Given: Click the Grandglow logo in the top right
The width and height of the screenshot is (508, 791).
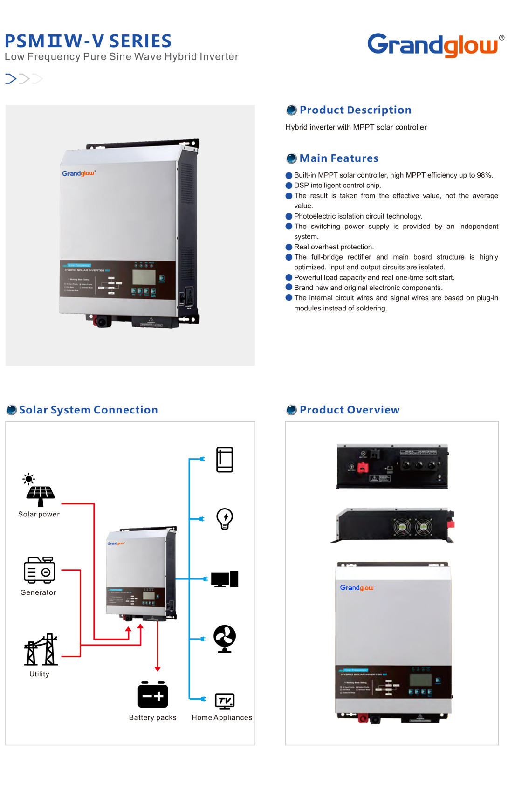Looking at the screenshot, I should [x=432, y=45].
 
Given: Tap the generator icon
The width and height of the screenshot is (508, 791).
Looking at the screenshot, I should [x=40, y=570].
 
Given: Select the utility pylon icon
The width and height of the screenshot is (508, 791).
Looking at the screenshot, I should [x=41, y=649].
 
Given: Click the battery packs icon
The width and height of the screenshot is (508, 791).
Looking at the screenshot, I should [x=153, y=695].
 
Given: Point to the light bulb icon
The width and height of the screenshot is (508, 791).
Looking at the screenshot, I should [x=225, y=518].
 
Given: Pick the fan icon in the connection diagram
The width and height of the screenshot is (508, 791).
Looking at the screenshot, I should [x=225, y=638].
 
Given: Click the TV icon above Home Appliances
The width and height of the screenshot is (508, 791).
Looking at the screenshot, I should [x=225, y=701].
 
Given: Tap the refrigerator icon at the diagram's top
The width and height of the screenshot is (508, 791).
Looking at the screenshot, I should [x=225, y=460].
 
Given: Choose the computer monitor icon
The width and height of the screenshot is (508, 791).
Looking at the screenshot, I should [x=225, y=579].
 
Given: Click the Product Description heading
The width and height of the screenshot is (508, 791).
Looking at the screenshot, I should [x=355, y=110].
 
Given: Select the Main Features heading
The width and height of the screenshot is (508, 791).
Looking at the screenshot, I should [x=339, y=158].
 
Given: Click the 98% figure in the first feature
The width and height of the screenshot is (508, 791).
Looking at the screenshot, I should [x=484, y=175].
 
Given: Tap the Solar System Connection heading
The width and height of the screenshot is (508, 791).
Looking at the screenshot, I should [x=89, y=410].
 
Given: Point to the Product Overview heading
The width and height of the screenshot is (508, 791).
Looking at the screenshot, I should [x=350, y=410].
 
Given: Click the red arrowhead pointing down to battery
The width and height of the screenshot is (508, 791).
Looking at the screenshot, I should [x=158, y=669].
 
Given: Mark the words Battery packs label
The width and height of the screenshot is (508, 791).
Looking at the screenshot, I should [x=153, y=718].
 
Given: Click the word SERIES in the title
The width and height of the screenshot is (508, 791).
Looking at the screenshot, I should [x=140, y=41].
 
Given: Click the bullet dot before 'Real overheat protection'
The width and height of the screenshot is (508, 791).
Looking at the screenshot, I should [x=289, y=247].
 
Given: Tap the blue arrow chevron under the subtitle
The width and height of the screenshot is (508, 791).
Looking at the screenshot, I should [x=11, y=79].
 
